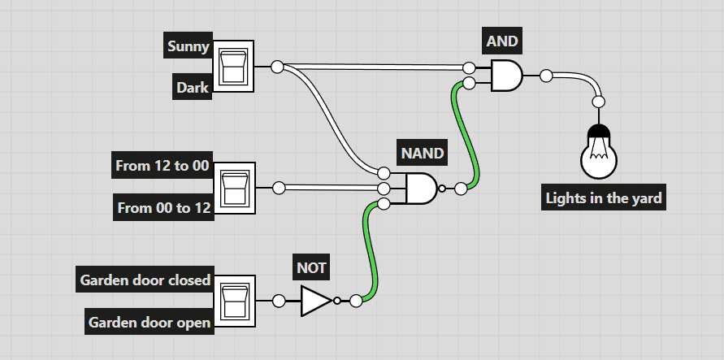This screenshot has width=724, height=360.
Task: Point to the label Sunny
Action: (189, 46)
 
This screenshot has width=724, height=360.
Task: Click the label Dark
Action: (193, 86)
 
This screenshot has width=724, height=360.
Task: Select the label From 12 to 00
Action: (163, 166)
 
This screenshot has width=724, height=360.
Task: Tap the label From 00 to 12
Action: (164, 208)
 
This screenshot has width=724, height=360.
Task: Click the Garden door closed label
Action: (145, 280)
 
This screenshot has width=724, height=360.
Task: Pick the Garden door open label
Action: (150, 322)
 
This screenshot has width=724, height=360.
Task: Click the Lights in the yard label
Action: (604, 197)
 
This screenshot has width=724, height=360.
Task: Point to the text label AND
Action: (501, 41)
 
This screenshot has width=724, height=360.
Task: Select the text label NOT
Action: (312, 267)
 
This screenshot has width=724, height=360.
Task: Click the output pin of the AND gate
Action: (546, 76)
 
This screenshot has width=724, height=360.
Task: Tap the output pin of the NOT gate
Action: (355, 301)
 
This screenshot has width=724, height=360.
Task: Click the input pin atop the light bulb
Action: (599, 102)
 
